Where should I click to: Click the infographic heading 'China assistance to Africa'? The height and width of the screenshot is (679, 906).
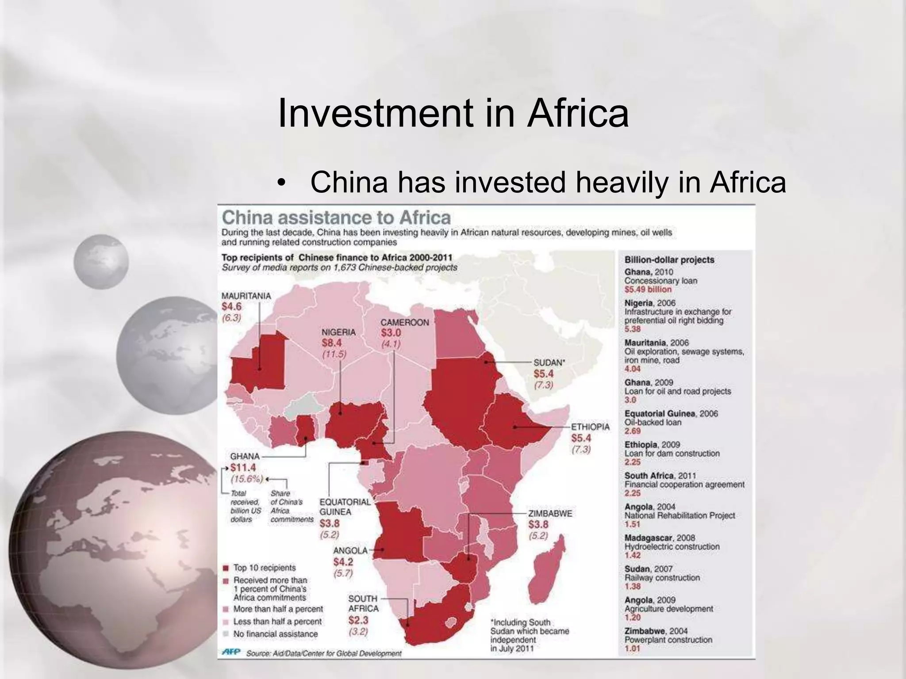click(x=336, y=217)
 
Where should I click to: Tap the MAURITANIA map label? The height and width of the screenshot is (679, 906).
click(x=246, y=296)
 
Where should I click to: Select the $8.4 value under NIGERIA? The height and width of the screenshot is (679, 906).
click(x=331, y=343)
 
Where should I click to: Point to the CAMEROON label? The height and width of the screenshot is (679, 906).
click(x=404, y=323)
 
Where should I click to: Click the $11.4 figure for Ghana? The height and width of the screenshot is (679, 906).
click(x=243, y=468)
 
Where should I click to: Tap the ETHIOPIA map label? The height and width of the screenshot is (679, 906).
click(x=590, y=427)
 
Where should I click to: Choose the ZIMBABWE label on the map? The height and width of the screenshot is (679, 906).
click(x=550, y=514)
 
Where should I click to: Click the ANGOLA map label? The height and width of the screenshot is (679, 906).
click(x=350, y=550)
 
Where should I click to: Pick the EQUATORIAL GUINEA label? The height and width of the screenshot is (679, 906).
click(x=345, y=507)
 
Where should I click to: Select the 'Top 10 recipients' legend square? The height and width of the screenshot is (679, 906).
click(x=226, y=568)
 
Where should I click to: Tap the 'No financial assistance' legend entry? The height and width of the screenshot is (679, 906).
click(x=275, y=634)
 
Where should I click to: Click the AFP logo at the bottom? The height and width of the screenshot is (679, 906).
click(x=230, y=652)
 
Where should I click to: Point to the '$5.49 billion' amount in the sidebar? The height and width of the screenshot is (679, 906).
click(x=648, y=290)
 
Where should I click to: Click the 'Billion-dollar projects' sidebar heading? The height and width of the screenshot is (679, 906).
click(x=669, y=260)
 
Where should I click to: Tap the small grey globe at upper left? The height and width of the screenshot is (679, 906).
click(x=101, y=262)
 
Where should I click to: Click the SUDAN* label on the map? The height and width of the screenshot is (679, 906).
click(x=549, y=363)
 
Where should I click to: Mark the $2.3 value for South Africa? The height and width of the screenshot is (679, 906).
click(x=358, y=620)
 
